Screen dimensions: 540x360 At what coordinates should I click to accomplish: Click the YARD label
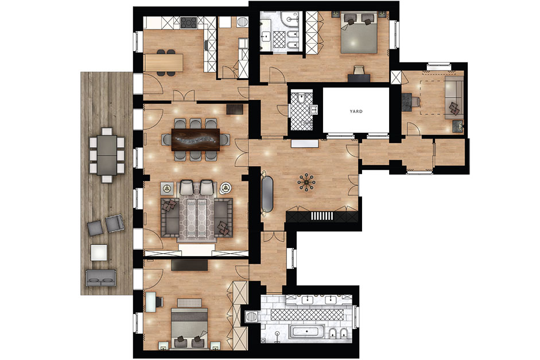(x=356, y=111)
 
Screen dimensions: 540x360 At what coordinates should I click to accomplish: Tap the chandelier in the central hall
(x=306, y=182)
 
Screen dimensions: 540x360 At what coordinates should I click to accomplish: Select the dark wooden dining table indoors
(x=196, y=140)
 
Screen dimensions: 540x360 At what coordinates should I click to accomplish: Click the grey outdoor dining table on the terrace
(x=107, y=155)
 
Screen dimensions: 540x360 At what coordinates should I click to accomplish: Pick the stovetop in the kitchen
(x=189, y=23)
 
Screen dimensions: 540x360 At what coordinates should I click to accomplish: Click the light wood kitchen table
(x=163, y=63)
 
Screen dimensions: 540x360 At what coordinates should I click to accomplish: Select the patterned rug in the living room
(x=197, y=216)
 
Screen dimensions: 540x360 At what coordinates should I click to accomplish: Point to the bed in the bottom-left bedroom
(x=189, y=326)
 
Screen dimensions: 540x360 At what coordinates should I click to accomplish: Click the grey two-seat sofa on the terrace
(x=101, y=278)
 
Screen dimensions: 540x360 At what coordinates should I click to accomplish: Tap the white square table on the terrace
(x=99, y=252)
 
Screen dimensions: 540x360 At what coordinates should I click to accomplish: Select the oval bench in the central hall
(x=267, y=193)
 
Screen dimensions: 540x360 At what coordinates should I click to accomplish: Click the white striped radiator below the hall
(x=322, y=216)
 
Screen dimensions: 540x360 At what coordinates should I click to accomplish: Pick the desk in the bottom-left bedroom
(x=150, y=302)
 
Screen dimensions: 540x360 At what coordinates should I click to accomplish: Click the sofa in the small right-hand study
(x=454, y=98)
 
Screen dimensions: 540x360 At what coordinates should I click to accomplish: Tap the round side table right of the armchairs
(x=226, y=188)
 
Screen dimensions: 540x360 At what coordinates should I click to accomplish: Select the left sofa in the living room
(x=170, y=216)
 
